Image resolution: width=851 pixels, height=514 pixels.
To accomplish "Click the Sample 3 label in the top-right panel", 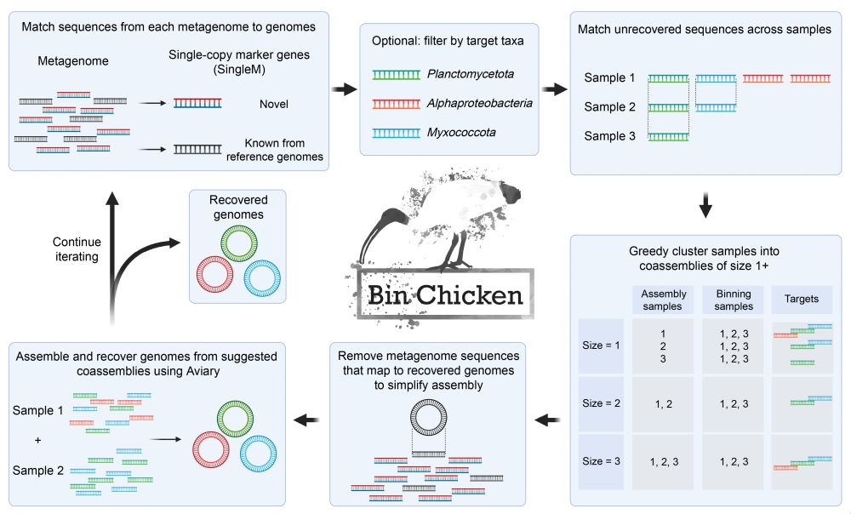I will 610,135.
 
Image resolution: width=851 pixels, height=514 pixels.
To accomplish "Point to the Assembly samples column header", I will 663,300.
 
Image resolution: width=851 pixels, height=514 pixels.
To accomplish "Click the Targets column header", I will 801,300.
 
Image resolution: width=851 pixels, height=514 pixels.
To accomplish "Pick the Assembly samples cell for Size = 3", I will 663,461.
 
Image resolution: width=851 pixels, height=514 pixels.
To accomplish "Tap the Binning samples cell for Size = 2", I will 732,403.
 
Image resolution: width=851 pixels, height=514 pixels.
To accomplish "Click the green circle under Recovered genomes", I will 238,246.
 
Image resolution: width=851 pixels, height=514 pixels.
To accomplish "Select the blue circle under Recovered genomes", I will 260,278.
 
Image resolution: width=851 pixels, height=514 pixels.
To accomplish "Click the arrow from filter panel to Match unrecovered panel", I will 554,89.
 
